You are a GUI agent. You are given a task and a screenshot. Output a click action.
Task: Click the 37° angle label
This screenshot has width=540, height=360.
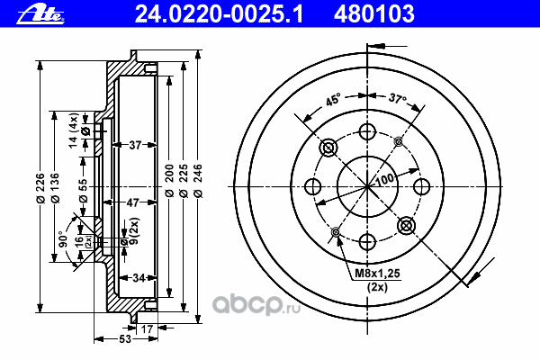(x=396, y=100)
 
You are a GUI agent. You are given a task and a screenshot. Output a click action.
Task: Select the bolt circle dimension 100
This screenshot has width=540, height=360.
(x=386, y=180)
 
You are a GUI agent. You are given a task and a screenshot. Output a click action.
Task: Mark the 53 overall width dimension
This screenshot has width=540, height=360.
(x=125, y=339)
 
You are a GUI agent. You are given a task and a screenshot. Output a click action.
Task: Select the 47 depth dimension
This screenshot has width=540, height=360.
(x=133, y=202)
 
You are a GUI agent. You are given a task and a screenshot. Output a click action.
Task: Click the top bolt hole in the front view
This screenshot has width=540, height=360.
(x=366, y=132)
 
